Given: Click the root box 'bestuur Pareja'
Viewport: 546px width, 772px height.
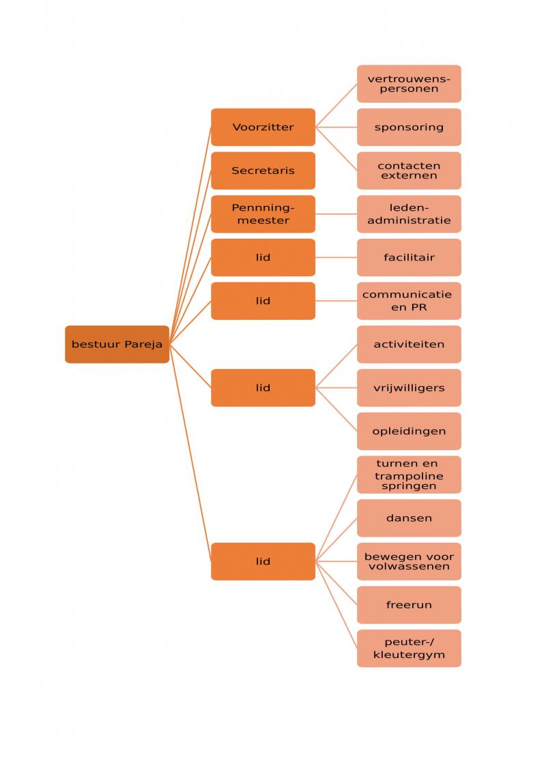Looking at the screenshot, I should click(117, 344).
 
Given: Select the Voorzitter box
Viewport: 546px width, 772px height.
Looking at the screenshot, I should click(263, 127).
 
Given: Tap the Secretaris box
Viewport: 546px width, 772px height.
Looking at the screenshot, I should click(263, 170).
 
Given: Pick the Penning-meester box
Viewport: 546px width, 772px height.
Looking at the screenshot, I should click(263, 214).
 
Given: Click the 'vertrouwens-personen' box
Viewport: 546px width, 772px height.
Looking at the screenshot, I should click(409, 84).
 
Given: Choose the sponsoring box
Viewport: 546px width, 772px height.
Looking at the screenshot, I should click(409, 127).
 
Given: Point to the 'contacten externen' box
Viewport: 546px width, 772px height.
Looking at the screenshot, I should click(409, 170).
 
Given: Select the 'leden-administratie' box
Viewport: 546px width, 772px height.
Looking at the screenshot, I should click(409, 214).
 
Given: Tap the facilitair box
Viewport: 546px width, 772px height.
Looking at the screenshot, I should click(409, 257).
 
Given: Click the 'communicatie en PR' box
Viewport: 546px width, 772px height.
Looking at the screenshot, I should click(409, 301).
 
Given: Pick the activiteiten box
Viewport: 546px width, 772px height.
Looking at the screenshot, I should click(409, 344).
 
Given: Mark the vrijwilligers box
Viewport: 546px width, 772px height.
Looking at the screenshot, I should click(409, 387).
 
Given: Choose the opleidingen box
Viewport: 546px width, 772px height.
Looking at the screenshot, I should click(409, 431).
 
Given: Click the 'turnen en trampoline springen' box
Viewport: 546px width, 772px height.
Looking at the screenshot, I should click(409, 475).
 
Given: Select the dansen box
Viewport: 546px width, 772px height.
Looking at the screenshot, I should click(409, 518).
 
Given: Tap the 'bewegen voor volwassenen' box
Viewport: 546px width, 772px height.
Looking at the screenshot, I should click(409, 561).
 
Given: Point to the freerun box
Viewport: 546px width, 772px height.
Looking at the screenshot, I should click(409, 605).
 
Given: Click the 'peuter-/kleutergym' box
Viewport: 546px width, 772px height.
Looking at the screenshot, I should click(409, 649).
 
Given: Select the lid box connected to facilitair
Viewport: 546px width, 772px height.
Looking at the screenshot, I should click(263, 257).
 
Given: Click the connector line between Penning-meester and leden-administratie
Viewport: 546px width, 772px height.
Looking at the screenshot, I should click(336, 214).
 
